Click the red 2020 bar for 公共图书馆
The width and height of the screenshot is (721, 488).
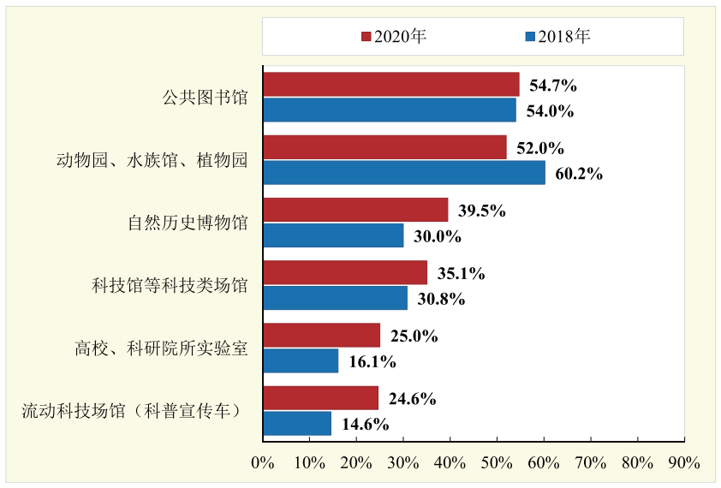[390, 85]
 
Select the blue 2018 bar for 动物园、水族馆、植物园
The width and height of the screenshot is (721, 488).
[403, 173]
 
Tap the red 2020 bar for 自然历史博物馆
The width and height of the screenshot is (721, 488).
[355, 211]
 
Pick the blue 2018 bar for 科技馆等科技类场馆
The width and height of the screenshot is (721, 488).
[335, 298]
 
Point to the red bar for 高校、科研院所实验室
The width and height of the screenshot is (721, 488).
[321, 336]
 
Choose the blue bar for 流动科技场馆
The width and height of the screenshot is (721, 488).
[297, 423]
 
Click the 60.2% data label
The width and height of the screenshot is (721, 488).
[579, 174]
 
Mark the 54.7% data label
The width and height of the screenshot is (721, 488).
[553, 86]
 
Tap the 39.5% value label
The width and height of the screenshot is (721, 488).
[482, 211]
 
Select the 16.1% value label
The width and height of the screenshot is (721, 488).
[372, 361]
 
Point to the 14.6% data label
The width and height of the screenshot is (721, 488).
[366, 424]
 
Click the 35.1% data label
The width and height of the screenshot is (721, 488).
[462, 274]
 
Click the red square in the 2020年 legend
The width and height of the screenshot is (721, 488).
[366, 37]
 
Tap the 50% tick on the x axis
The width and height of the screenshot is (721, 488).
[498, 462]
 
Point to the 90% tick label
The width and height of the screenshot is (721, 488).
[684, 462]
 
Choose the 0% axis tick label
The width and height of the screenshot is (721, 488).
[263, 462]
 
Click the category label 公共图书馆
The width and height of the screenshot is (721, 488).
[205, 98]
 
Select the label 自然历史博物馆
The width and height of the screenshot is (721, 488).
[188, 223]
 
